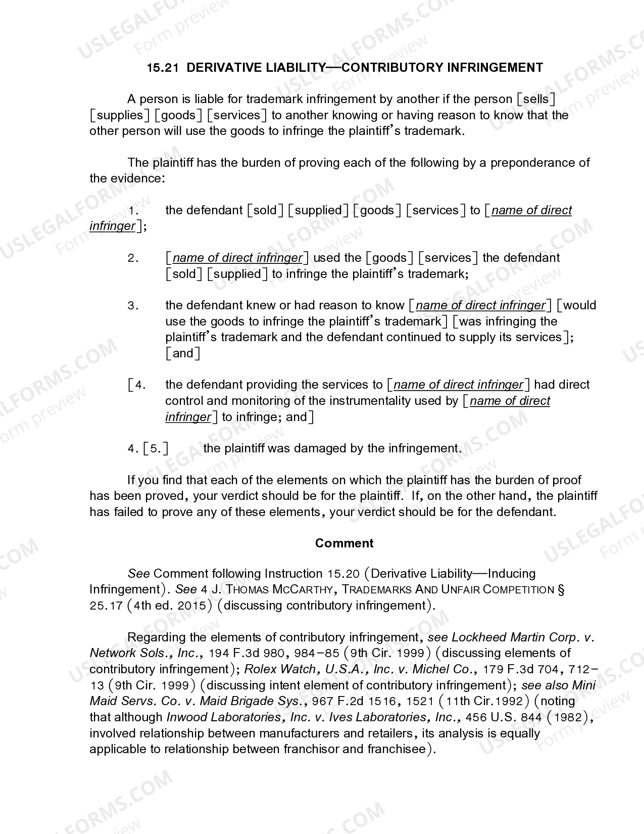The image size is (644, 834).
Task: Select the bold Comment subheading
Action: point(344,543)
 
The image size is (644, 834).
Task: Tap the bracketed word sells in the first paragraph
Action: point(536,99)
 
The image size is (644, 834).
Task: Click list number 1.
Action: point(133,210)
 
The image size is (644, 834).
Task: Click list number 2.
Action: point(133,258)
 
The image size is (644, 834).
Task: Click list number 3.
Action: point(133,306)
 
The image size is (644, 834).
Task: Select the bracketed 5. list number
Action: point(156,449)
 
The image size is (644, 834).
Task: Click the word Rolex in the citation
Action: point(260,669)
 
